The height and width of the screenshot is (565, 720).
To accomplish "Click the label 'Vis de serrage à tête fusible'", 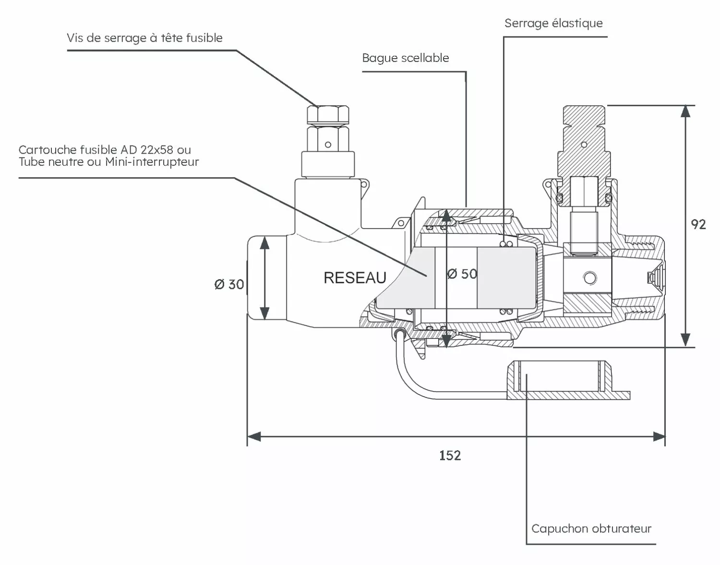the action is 144,38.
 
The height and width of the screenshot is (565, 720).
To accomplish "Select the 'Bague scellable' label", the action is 406,58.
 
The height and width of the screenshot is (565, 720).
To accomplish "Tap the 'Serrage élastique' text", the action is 553,23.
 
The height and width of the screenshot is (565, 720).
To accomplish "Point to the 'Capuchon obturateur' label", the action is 591,528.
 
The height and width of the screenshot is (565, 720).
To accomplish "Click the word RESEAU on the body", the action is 355,278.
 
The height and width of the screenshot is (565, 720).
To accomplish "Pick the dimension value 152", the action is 450,455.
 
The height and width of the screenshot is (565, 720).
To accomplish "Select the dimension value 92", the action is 698,224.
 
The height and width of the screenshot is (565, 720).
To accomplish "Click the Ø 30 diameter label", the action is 229,284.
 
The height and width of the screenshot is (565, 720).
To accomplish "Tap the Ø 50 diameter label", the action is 462,274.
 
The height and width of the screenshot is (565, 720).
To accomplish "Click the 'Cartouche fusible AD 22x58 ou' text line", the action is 105,150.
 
